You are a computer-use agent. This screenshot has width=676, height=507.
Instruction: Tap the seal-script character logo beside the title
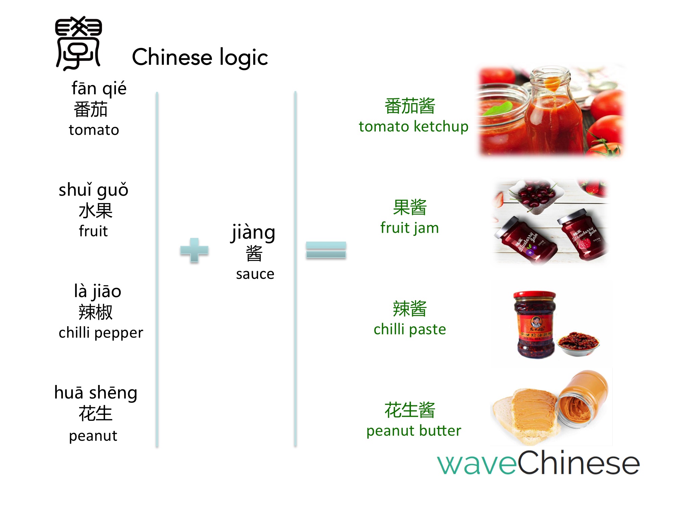point(78,43)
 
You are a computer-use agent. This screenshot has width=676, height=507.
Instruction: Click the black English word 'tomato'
point(94,130)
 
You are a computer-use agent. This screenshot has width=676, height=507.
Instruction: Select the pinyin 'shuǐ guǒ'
point(94,190)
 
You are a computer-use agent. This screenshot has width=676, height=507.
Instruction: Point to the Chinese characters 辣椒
point(95,312)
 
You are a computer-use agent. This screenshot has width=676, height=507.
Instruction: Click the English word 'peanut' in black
point(93,436)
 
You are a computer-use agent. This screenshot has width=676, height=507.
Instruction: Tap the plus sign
point(194,250)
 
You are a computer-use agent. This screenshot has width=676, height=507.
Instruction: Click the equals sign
point(326,250)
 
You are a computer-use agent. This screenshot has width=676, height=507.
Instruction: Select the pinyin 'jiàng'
point(254,233)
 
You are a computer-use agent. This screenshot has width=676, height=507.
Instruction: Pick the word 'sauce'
point(255,274)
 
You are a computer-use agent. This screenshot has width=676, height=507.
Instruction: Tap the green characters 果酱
point(410,207)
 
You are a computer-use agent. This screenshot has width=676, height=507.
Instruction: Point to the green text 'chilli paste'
point(410,329)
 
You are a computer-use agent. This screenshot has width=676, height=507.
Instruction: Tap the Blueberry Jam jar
point(525,240)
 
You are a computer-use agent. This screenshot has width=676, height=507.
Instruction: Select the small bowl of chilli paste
point(579,344)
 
